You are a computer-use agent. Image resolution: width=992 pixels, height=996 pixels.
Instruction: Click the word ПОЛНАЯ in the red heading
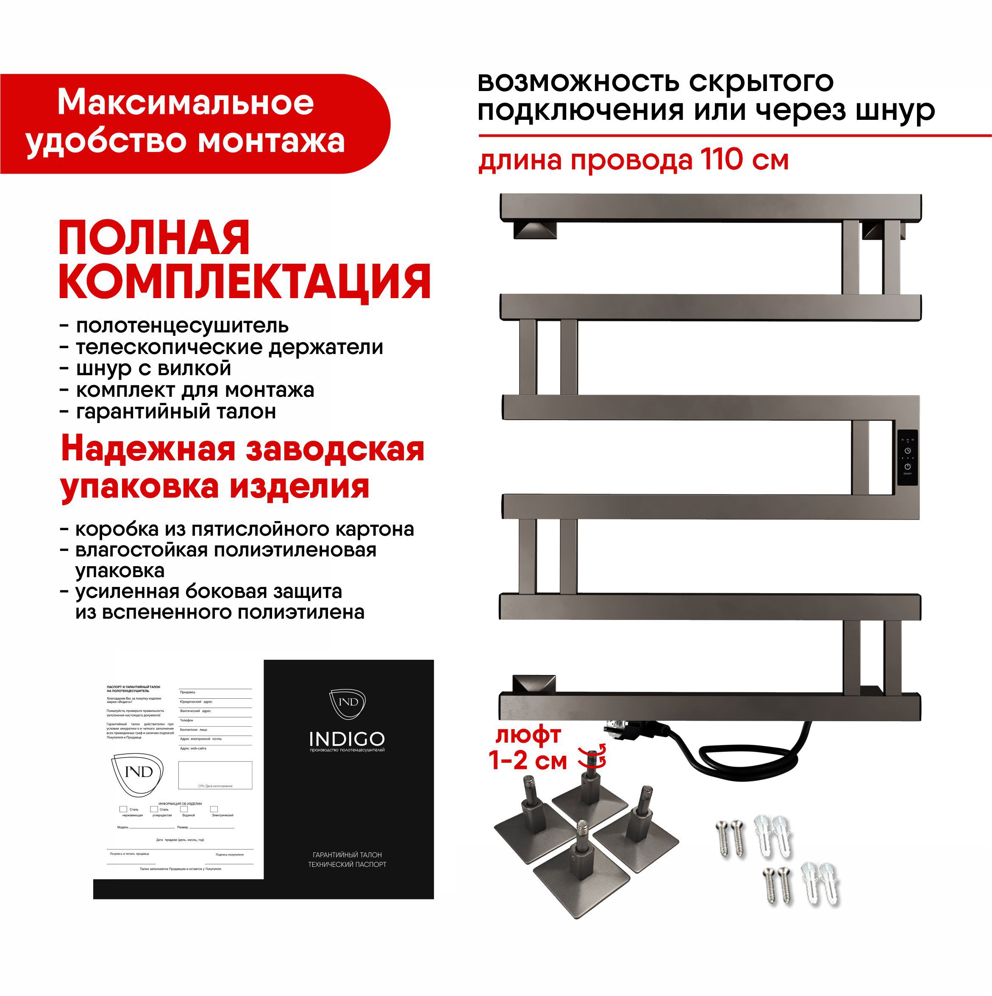pos(154,238)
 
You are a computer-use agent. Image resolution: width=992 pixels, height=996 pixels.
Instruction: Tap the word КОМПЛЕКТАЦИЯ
pos(245,282)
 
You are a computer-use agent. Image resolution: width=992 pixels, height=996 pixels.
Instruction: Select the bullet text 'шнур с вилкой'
pos(153,368)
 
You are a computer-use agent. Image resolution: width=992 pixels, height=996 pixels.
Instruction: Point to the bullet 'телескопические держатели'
pos(230,347)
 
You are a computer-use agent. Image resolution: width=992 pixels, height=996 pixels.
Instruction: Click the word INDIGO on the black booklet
pos(347,739)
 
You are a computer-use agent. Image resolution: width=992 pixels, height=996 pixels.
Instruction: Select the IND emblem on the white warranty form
pos(138,772)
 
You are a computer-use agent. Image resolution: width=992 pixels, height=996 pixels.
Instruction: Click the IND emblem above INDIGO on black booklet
pos(347,703)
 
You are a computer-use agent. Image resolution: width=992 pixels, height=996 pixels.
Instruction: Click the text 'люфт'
pos(528,735)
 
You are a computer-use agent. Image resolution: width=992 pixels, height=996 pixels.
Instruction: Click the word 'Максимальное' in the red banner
pos(186,102)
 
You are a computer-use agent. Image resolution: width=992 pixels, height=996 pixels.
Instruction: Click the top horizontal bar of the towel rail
pos(710,207)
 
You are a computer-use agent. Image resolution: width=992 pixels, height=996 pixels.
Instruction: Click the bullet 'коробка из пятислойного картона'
pos(245,529)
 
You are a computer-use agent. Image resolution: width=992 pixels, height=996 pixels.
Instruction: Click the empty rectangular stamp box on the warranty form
pos(215,775)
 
